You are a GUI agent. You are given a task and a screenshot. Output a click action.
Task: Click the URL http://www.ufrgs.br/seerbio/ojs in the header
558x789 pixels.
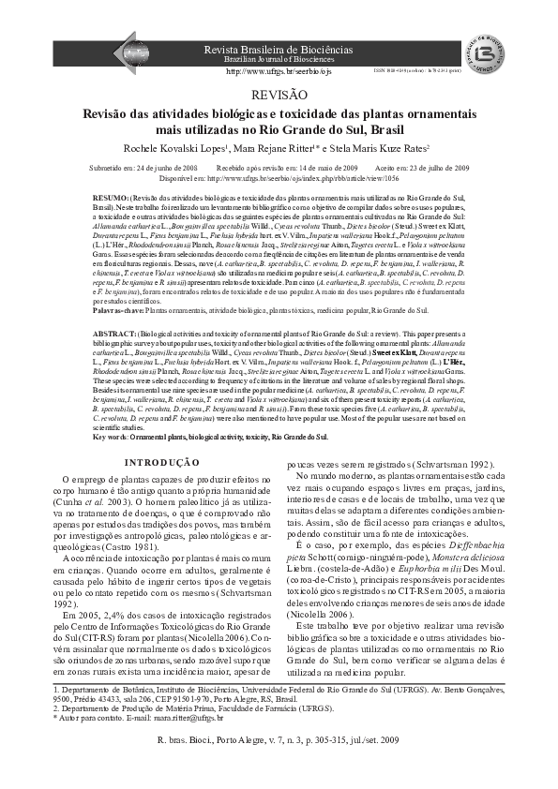coord(279,70)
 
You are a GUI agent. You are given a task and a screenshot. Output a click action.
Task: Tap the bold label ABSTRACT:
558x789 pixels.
coord(116,333)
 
